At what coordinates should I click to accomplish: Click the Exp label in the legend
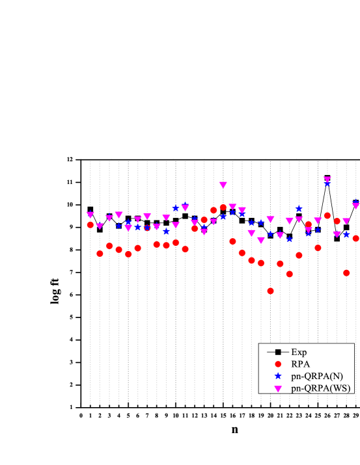[x=299, y=352]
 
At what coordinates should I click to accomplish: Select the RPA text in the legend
[x=300, y=364]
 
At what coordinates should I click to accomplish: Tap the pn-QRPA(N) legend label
[x=316, y=377]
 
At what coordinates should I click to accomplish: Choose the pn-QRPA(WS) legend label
[x=320, y=388]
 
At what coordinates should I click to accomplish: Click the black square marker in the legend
[x=277, y=352]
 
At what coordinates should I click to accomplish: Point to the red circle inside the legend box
[x=277, y=364]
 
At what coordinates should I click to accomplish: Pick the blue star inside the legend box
[x=277, y=377]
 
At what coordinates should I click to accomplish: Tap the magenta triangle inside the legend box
[x=277, y=389]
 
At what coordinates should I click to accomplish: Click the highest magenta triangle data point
[x=327, y=179]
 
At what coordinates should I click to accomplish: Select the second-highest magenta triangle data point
[x=223, y=185]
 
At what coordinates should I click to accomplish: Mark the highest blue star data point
[x=327, y=184]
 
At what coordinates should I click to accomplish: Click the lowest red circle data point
[x=270, y=291]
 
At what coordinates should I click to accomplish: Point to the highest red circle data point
[x=223, y=207]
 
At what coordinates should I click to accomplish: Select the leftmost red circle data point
[x=90, y=224]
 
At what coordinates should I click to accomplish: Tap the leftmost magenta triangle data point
[x=90, y=215]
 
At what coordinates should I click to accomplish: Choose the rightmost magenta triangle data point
[x=355, y=205]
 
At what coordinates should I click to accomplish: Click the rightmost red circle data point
[x=355, y=239]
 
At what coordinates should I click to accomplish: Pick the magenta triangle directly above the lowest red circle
[x=270, y=219]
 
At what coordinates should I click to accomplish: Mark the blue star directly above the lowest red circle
[x=270, y=233]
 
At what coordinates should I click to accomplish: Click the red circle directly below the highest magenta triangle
[x=327, y=215]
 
